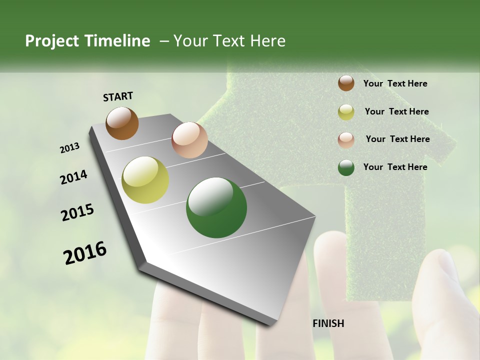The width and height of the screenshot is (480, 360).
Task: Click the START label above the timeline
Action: pos(118,96)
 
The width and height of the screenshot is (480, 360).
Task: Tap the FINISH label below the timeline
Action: pos(328,323)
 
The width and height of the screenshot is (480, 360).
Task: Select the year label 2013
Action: pos(70,148)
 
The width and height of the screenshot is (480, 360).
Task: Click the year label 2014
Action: pos(73,177)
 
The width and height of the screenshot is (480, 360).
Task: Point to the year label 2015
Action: pos(77,212)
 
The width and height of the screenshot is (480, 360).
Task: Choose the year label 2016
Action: pos(85,252)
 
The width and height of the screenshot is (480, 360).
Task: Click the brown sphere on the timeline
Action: pos(122,123)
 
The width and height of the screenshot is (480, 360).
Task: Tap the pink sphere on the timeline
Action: pos(189,140)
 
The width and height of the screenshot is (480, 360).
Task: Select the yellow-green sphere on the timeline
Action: pos(145,180)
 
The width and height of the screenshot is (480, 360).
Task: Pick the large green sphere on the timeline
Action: pos(216,207)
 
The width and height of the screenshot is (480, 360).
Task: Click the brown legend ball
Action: pos(346,83)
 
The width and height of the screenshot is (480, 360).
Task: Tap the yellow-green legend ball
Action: pos(346,112)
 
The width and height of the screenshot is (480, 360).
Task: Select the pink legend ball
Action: pos(346,140)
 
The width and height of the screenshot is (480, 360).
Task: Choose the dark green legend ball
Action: pos(346,167)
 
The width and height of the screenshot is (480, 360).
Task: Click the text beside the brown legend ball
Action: pos(395,83)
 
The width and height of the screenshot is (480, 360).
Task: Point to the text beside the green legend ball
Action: pos(395,167)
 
